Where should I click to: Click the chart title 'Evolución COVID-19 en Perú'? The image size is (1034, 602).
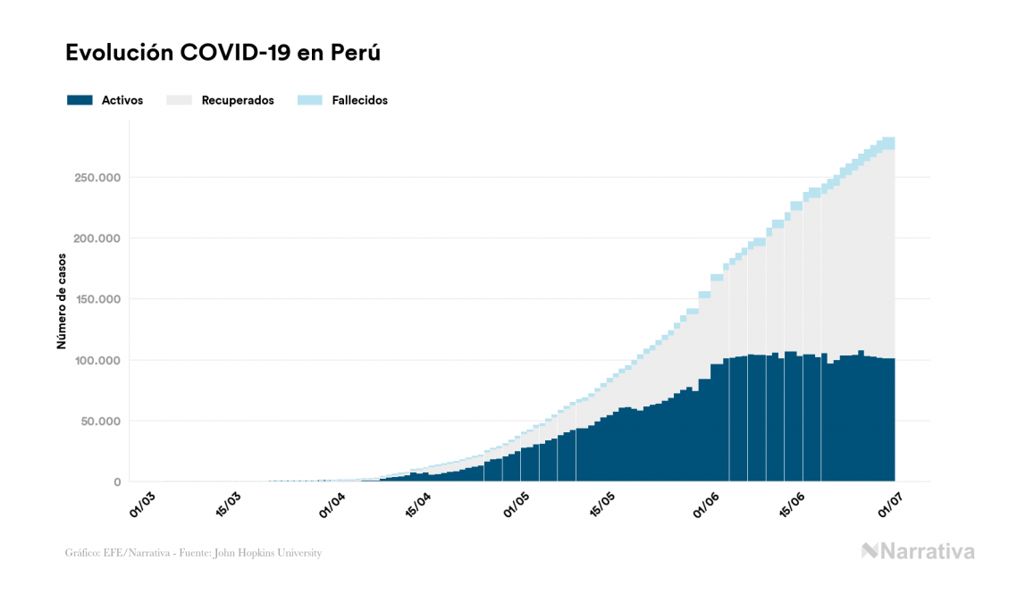[223, 53]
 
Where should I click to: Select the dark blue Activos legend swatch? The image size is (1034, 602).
[80, 100]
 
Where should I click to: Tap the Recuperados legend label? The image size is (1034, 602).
[238, 100]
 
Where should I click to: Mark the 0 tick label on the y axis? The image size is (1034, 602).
[116, 481]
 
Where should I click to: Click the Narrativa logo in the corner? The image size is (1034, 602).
[918, 551]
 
